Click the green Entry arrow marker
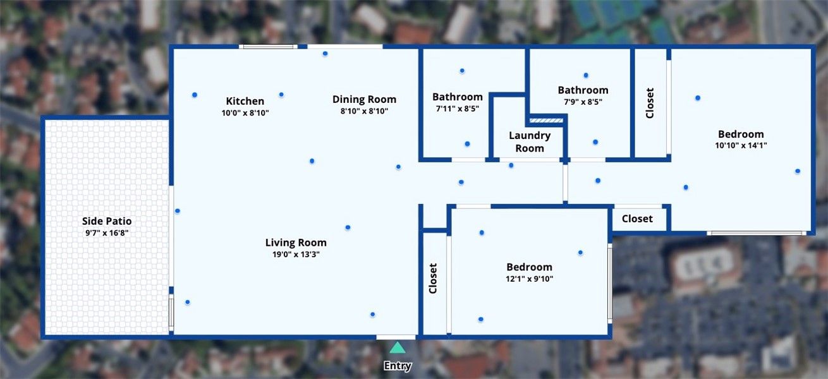tap(398, 347)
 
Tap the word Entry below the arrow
tap(398, 366)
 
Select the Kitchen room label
tap(245, 101)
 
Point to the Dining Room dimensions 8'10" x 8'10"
tap(364, 111)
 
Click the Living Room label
tap(296, 243)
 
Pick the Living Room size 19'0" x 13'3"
tap(296, 254)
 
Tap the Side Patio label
tap(107, 221)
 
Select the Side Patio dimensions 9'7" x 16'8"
tap(107, 232)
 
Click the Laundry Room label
tap(530, 142)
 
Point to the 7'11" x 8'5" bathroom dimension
tap(457, 109)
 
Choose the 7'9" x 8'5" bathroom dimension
tap(583, 102)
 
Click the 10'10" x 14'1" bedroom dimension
tap(741, 145)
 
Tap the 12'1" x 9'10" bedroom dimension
tap(529, 279)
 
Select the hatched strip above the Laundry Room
tap(546, 121)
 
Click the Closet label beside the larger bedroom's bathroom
tap(650, 103)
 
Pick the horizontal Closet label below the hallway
tap(637, 219)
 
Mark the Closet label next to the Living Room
tap(433, 279)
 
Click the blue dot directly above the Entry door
tap(373, 315)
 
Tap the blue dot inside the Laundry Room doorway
tap(511, 165)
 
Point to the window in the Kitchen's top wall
tap(268, 47)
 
